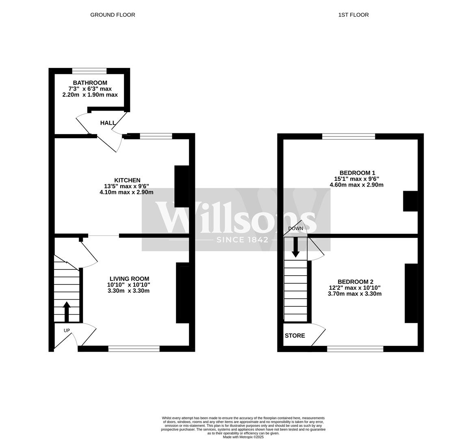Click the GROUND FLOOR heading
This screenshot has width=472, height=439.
point(113,15)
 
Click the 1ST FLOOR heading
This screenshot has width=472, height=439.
point(353,15)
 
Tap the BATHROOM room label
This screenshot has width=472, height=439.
point(90,83)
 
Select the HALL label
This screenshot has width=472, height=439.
point(108,123)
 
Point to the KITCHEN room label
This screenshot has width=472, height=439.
point(127,180)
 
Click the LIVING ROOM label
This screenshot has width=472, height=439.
point(129,279)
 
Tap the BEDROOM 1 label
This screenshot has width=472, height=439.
point(357,173)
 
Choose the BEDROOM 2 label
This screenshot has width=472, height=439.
point(355,282)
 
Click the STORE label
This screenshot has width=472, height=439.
point(295,336)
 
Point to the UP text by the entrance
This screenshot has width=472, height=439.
point(67,330)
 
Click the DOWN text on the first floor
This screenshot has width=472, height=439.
point(296,228)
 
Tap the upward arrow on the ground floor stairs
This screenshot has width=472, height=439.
point(67,312)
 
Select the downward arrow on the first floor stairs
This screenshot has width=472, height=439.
point(296,248)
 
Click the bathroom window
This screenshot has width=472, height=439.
point(89,71)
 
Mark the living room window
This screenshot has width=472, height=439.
point(134,349)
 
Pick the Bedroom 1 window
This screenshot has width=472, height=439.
point(349,136)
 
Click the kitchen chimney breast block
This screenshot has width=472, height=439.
point(182,187)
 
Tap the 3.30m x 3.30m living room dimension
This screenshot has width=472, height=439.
point(128,291)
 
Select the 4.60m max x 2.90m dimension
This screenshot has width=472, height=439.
point(357,185)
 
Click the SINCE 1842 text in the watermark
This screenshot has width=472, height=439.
point(242,240)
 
